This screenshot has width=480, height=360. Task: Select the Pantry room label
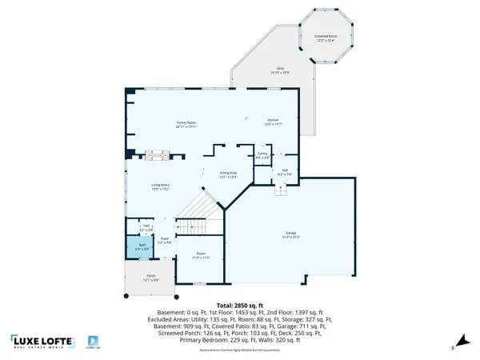262,155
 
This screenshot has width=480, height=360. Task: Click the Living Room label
162,187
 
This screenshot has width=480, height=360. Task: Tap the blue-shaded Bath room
142,247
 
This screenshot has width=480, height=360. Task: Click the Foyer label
164,239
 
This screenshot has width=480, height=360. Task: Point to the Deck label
280,70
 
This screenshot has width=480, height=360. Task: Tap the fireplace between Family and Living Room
158,154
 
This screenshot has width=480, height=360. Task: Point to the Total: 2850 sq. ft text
240,306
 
